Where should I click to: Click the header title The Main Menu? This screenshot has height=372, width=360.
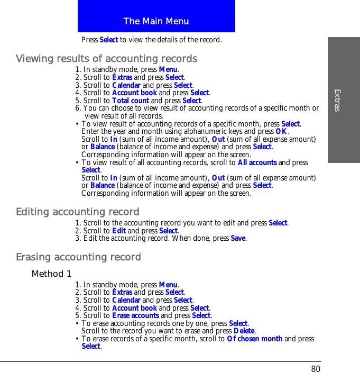[x=156, y=21]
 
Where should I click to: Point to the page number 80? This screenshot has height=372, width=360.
[x=316, y=369]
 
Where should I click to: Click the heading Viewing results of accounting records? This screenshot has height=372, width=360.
[x=106, y=58]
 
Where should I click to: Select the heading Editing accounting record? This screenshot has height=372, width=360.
[x=78, y=212]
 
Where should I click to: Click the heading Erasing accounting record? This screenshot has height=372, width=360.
[x=78, y=257]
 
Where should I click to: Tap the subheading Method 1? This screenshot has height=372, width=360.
[x=51, y=274]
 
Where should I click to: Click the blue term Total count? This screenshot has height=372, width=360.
[x=131, y=101]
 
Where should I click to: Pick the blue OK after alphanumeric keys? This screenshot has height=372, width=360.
[x=281, y=132]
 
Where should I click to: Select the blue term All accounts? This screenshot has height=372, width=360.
[x=257, y=163]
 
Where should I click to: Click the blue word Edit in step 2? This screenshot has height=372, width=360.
[x=119, y=231]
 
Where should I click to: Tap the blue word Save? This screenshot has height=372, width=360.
[x=238, y=239]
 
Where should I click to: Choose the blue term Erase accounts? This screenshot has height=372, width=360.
[x=135, y=316]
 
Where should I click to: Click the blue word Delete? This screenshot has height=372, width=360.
[x=245, y=331]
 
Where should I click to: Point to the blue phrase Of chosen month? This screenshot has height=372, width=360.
[x=254, y=339]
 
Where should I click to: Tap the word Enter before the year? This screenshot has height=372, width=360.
[x=90, y=132]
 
